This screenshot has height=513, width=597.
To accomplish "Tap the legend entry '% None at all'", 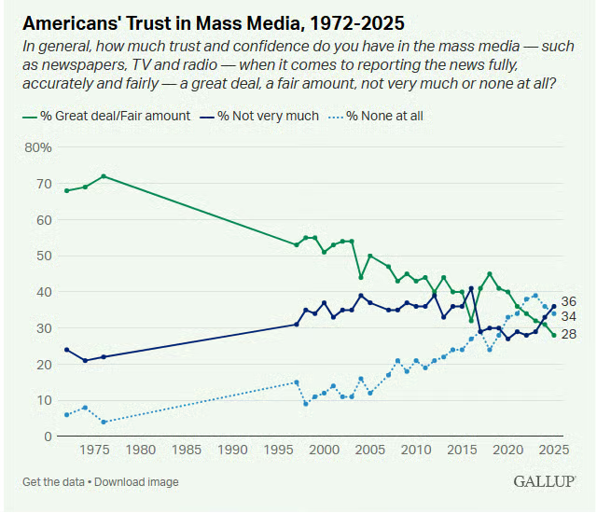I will click(379, 116).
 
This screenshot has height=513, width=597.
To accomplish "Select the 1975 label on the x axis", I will click(94, 451).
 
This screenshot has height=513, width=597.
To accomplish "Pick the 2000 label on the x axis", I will click(324, 451).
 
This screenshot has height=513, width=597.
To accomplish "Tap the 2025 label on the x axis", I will click(553, 451).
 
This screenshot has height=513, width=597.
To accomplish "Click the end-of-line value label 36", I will click(569, 302).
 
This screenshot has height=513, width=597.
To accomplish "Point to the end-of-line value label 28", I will click(569, 334).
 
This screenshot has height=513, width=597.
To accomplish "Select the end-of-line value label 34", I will click(569, 316).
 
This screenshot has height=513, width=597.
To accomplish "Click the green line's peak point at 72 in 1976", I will click(104, 176).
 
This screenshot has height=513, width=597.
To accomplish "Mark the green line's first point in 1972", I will click(66, 190).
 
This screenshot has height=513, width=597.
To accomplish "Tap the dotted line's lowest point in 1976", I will click(104, 422).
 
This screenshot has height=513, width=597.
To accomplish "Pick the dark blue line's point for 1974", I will click(85, 360).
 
